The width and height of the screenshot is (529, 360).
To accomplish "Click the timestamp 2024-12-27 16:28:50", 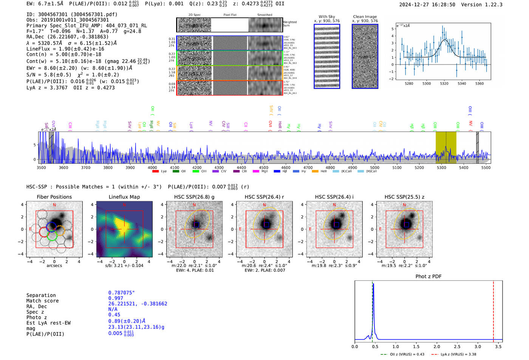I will [427, 5].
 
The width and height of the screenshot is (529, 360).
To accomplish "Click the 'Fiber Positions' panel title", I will [54, 197].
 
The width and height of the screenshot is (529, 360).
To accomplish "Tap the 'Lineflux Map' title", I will [124, 197].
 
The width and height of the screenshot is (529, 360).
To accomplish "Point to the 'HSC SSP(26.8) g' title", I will [194, 197].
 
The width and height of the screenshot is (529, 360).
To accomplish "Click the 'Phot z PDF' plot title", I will [428, 277].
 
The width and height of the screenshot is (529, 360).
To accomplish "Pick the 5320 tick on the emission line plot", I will [444, 83].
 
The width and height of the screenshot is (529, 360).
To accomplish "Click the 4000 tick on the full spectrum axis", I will [152, 168].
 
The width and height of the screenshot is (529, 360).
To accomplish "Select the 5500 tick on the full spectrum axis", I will [486, 168].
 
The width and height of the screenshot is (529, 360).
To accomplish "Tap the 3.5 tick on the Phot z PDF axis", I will [498, 346].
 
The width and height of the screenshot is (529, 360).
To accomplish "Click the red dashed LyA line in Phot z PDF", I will [493, 310].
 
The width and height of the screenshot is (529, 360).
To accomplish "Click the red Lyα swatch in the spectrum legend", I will [155, 172].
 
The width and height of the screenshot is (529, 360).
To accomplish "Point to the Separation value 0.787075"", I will [121, 293].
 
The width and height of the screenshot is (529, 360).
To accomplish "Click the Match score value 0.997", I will [116, 298].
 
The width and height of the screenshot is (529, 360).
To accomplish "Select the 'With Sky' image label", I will [327, 17].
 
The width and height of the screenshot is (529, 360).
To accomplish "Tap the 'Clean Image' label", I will [365, 17].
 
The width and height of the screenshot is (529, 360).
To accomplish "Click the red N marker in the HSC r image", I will [264, 205].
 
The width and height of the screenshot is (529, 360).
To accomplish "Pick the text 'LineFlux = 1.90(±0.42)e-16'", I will [65, 49].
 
